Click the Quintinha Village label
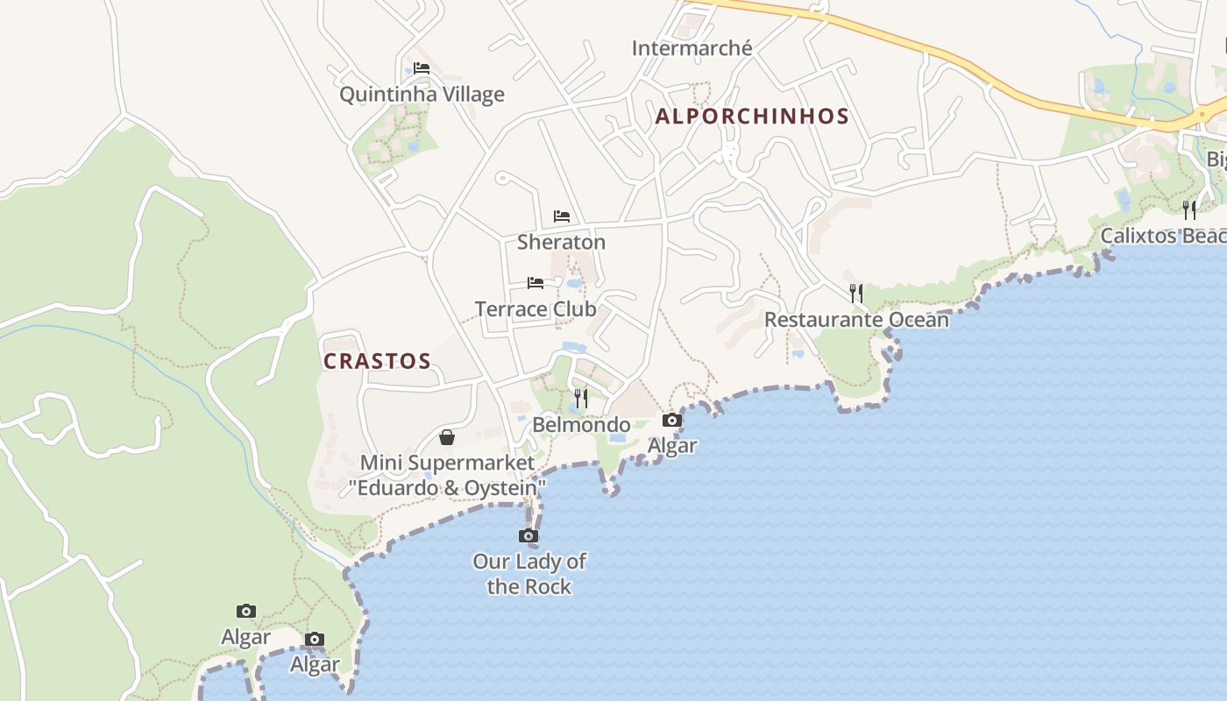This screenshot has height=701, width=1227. (422, 95)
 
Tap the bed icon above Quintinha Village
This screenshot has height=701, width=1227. (422, 68)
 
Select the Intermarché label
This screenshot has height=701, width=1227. (692, 48)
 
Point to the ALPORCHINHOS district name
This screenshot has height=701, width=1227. (752, 116)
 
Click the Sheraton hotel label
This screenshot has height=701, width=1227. (561, 242)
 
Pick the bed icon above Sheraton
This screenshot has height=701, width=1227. (562, 216)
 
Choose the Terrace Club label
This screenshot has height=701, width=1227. (535, 308)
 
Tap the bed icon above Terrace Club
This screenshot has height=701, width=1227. (535, 283)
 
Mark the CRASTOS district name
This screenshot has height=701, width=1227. (377, 361)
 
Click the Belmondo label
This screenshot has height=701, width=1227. (581, 425)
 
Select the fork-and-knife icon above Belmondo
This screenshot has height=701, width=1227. (580, 399)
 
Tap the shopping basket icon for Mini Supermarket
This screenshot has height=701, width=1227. (447, 437)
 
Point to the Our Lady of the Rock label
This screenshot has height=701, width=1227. (529, 574)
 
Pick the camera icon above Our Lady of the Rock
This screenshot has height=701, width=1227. (528, 535)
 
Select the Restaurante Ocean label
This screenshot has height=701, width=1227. (856, 320)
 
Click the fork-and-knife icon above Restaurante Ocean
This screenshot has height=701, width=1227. (856, 293)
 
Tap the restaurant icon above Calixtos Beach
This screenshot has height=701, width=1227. (1189, 209)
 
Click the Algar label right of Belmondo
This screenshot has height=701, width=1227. (672, 445)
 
